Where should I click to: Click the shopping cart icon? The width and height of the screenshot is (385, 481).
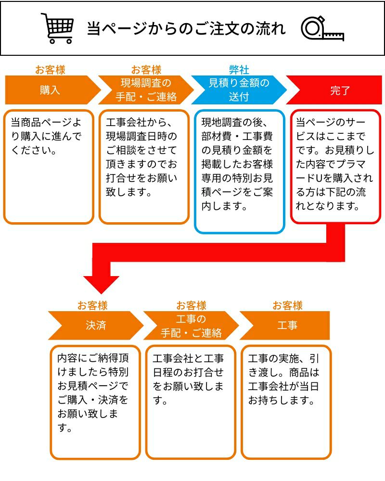pyautogui.click(x=58, y=28)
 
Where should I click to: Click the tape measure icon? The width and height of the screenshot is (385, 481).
pyautogui.click(x=322, y=29)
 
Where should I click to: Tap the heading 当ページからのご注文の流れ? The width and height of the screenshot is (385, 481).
pyautogui.click(x=186, y=28)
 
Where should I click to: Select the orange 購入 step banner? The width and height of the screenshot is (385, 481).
pyautogui.click(x=50, y=90)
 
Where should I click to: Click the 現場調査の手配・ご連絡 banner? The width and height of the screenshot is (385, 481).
pyautogui.click(x=146, y=90)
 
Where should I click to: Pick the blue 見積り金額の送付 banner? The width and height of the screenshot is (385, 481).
pyautogui.click(x=239, y=90)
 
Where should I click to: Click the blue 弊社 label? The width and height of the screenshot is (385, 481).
pyautogui.click(x=239, y=70)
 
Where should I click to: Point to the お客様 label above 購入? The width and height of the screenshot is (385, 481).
pyautogui.click(x=50, y=70)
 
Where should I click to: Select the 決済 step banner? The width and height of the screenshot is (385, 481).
pyautogui.click(x=95, y=326)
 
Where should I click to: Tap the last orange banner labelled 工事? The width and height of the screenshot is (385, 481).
pyautogui.click(x=287, y=326)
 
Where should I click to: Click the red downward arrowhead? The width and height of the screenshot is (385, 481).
pyautogui.click(x=101, y=284)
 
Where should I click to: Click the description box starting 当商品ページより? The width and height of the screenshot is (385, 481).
pyautogui.click(x=49, y=166)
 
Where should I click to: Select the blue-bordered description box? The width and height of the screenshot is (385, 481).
pyautogui.click(x=239, y=171)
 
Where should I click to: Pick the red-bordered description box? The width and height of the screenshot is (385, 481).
pyautogui.click(x=335, y=166)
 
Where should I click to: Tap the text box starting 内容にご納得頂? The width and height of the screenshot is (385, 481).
pyautogui.click(x=95, y=402)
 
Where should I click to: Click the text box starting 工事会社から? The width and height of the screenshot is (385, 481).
pyautogui.click(x=144, y=166)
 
